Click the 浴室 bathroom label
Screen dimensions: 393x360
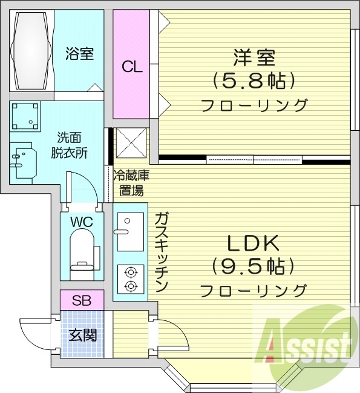pyautogui.click(x=80, y=54)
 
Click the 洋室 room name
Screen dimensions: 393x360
pyautogui.click(x=254, y=58)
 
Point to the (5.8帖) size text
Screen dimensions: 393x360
pyautogui.click(x=254, y=80)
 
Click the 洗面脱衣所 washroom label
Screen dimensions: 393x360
pyautogui.click(x=73, y=145)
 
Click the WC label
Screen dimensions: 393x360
pyautogui.click(x=81, y=222)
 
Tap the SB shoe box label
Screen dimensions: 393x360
pyautogui.click(x=81, y=300)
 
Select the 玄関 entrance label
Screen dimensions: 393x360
pyautogui.click(x=81, y=334)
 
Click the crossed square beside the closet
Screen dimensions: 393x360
pyautogui.click(x=131, y=143)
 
